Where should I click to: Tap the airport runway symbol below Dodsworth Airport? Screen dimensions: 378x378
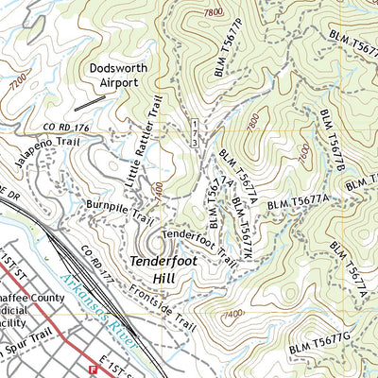(x=90, y=99)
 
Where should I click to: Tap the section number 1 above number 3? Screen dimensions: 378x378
(x=194, y=125)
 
